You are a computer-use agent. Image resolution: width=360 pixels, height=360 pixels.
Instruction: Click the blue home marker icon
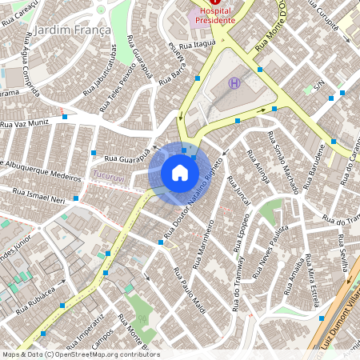click(x=180, y=173)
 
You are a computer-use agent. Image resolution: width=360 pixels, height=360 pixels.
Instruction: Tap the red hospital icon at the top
click(x=215, y=3)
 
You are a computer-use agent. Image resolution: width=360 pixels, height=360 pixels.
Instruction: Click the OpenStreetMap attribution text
click(x=80, y=354)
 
